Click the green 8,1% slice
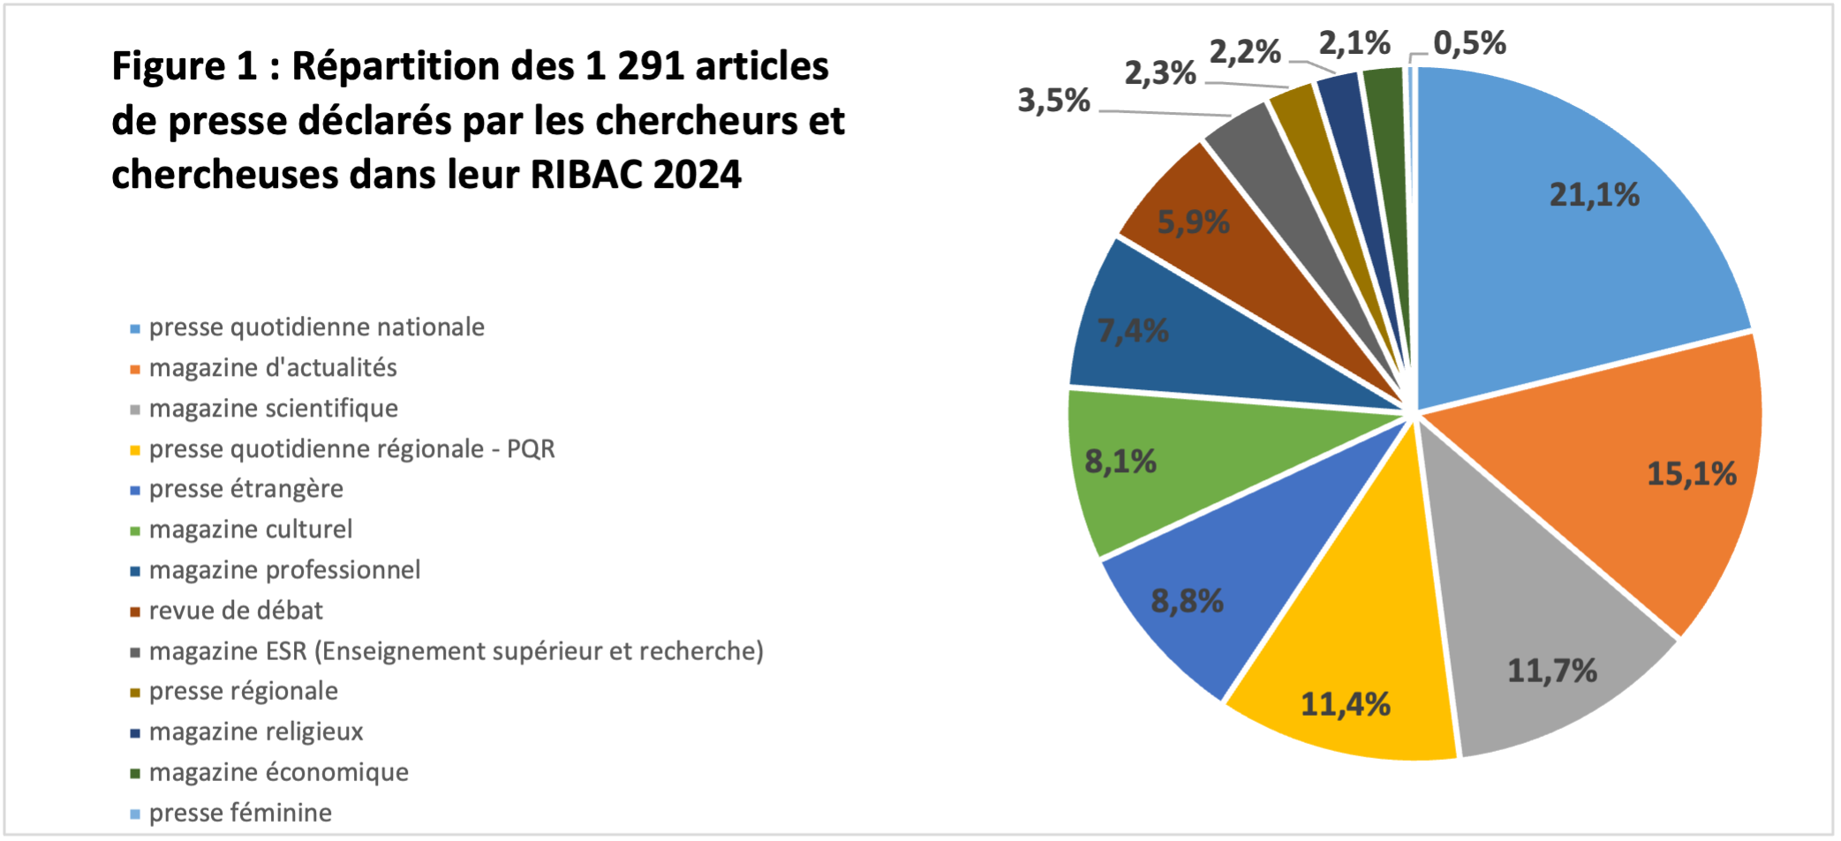pos(1174,468)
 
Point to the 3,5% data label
pos(1053,101)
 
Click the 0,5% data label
pos(1469,42)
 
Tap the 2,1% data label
pos(1354,42)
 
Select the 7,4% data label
pos(1133,331)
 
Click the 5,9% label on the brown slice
pos(1193,222)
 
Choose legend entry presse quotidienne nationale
pos(316,327)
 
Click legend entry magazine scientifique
pos(273,409)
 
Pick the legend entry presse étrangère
pos(245,489)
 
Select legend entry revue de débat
pos(236,611)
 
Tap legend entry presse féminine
pos(240,813)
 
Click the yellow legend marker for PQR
pos(135,450)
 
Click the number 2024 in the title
pos(697,175)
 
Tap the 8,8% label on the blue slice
pos(1187,602)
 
